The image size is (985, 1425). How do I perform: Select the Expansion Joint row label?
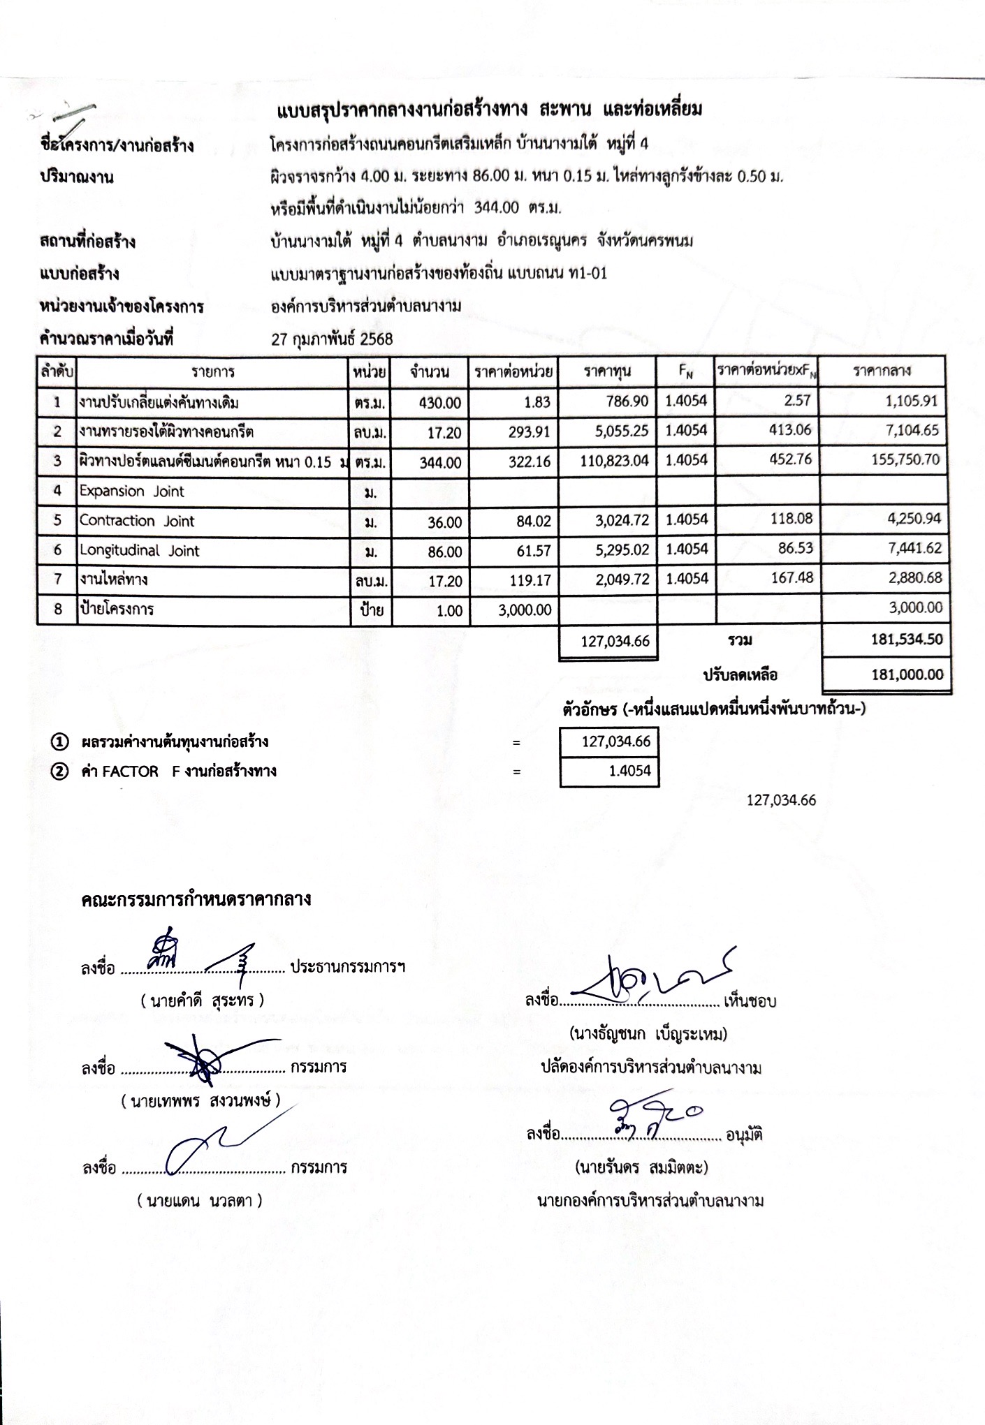click(131, 492)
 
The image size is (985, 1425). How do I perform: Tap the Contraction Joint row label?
click(137, 521)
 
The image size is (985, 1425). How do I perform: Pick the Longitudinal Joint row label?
click(139, 551)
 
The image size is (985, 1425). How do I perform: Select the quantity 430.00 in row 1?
click(440, 403)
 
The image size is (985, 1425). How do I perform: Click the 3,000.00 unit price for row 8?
click(525, 610)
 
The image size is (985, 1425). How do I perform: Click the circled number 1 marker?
click(60, 741)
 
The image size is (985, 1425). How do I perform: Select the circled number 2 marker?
click(60, 771)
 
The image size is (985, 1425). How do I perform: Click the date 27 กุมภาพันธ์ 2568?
click(332, 339)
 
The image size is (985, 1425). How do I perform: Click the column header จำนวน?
click(430, 371)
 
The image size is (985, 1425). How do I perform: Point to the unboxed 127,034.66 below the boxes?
click(781, 800)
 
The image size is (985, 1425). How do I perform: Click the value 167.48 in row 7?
click(792, 578)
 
